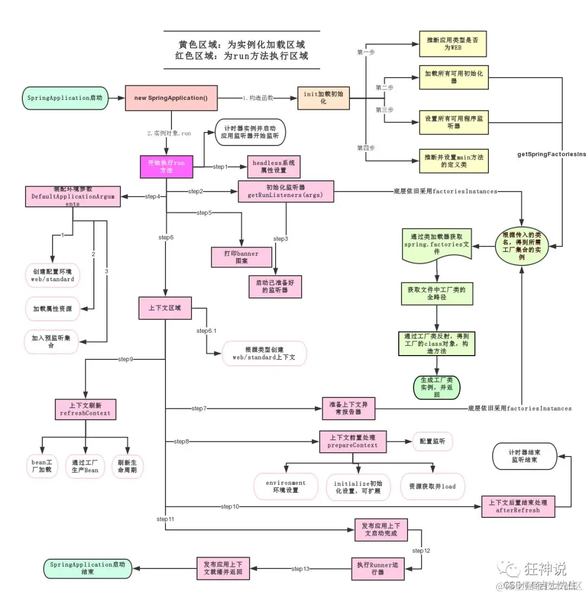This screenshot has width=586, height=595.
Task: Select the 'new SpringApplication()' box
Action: click(x=171, y=98)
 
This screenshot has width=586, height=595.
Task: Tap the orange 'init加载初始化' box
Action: click(x=323, y=98)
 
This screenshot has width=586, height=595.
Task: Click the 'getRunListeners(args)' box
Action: click(x=286, y=192)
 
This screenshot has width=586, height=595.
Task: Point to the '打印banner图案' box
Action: click(x=241, y=257)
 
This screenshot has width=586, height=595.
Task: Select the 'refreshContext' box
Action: click(x=86, y=409)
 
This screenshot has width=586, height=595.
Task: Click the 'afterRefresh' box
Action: click(x=519, y=507)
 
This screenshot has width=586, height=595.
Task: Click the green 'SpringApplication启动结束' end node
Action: click(x=87, y=568)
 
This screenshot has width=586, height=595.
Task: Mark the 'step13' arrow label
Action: click(x=300, y=568)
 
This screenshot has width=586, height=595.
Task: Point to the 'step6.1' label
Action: click(x=206, y=331)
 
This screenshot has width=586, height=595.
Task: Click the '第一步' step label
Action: click(x=366, y=52)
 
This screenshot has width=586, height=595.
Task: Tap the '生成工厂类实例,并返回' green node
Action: click(x=436, y=383)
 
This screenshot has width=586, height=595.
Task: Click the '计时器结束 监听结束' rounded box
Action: click(x=525, y=455)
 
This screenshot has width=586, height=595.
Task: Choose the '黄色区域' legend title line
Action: click(x=242, y=45)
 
